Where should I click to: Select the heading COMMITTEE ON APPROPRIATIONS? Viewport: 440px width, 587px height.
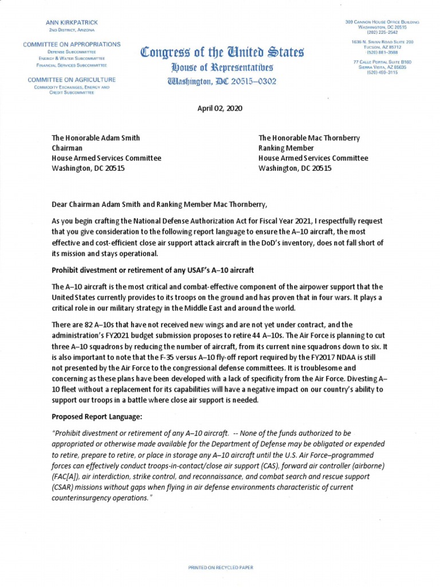[72, 44]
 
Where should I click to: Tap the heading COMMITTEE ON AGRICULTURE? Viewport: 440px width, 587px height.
[72, 80]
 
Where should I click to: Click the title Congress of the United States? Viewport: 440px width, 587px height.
[222, 53]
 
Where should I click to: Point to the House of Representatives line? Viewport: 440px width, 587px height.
[222, 68]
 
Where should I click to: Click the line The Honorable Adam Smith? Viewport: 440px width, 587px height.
[96, 138]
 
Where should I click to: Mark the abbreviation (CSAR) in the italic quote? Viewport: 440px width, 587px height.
[64, 487]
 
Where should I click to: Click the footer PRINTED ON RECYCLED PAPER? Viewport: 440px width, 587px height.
[221, 567]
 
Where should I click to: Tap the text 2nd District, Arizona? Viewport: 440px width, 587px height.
[72, 29]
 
